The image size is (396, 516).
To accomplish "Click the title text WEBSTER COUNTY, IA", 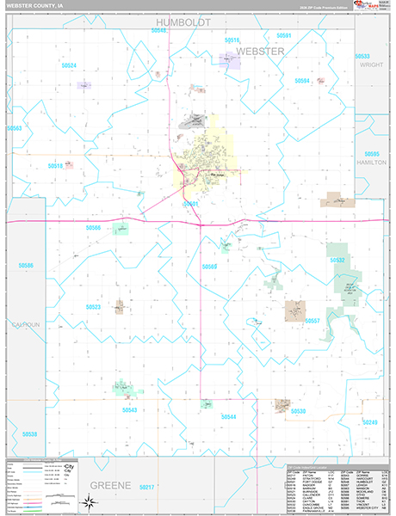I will click(35, 6).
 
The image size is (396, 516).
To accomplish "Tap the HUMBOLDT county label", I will click(183, 22).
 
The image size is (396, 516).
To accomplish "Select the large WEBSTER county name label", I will click(259, 52).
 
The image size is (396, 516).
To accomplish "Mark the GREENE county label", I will click(109, 485).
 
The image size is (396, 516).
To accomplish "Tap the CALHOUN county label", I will click(25, 324).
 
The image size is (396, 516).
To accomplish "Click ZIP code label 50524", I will click(68, 65).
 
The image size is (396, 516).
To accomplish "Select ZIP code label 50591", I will click(284, 35).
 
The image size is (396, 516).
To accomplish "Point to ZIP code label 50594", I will click(301, 80).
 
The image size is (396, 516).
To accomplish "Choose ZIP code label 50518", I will click(57, 165).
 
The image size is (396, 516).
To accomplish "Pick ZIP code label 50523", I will click(93, 306).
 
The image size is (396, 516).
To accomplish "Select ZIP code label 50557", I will click(312, 321).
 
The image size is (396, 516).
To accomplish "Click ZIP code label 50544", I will click(228, 416).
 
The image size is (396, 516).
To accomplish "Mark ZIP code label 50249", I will click(370, 422).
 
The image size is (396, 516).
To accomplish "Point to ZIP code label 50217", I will click(148, 488).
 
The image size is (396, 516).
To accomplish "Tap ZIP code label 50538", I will click(30, 434).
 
